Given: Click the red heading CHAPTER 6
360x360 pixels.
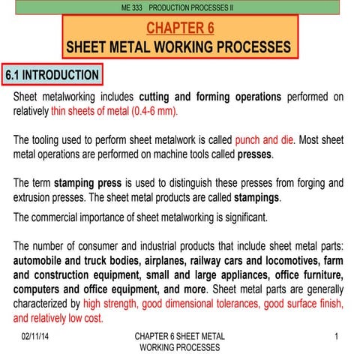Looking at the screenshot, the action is [x=180, y=29].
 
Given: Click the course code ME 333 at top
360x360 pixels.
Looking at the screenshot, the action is [x=132, y=7].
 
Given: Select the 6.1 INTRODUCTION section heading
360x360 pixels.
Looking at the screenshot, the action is [x=52, y=76].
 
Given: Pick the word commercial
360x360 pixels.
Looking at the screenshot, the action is [x=65, y=218].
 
